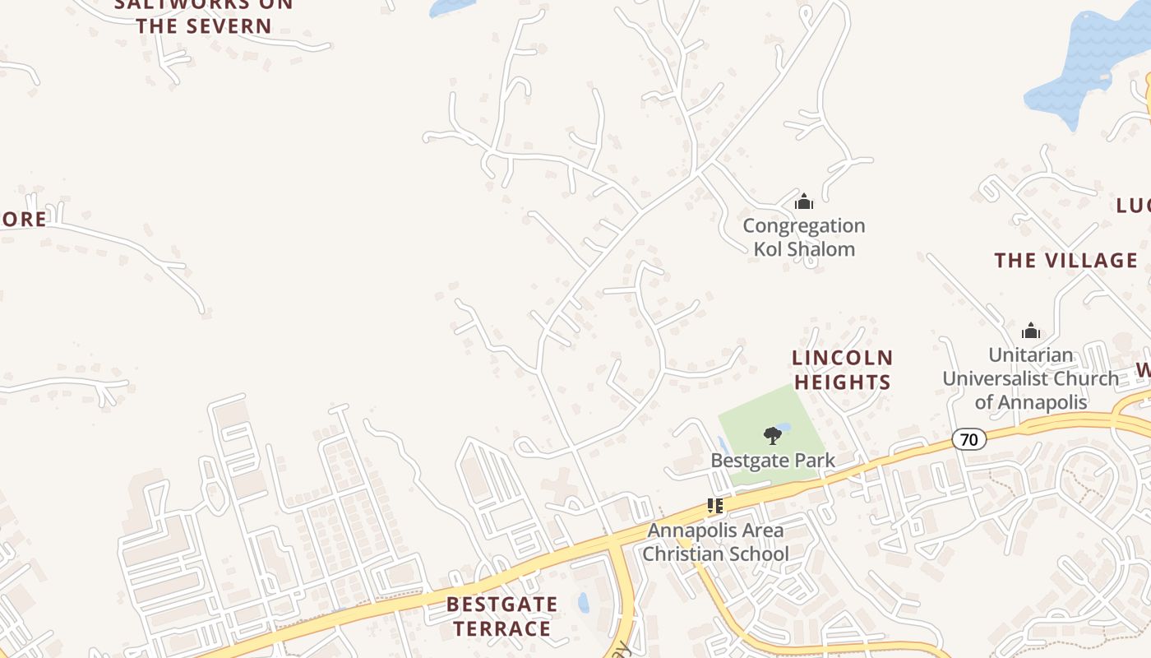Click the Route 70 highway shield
pos(969,439)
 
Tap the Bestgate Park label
pos(773,461)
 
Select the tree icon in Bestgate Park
pos(772,436)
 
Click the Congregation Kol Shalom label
pos(804,237)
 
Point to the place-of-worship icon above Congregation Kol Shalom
pos(804,202)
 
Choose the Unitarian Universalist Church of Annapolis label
pos(1030,378)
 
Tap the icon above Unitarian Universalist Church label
pos(1030,331)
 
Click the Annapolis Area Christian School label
pos(714,542)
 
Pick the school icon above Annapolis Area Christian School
pos(714,506)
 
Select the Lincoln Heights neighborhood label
pos(843,369)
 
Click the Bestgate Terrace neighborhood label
pos(502,616)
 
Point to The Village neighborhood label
pos(1066,261)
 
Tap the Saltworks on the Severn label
pos(204,15)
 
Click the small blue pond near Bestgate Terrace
pos(584,603)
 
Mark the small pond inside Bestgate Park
pos(783,427)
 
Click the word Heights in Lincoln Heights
pos(843,382)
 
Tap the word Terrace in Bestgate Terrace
pos(502,628)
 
